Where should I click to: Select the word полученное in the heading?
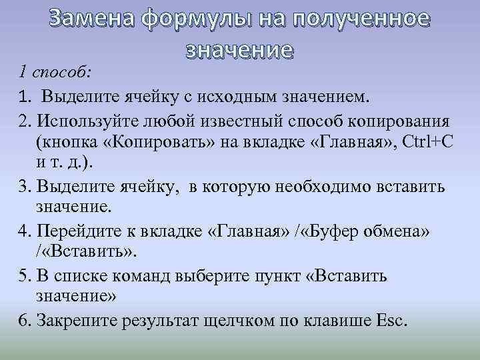tap(359, 19)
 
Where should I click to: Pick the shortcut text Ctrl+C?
tap(431, 143)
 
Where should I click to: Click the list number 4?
tap(25, 231)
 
